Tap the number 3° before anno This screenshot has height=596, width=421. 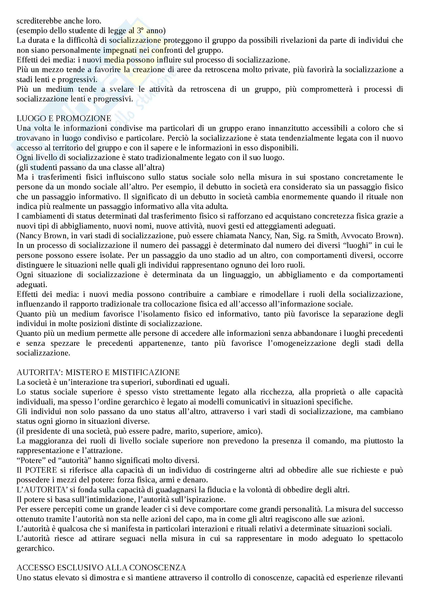(140, 30)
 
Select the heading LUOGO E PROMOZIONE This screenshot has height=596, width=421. (64, 118)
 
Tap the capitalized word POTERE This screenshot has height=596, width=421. (41, 470)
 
